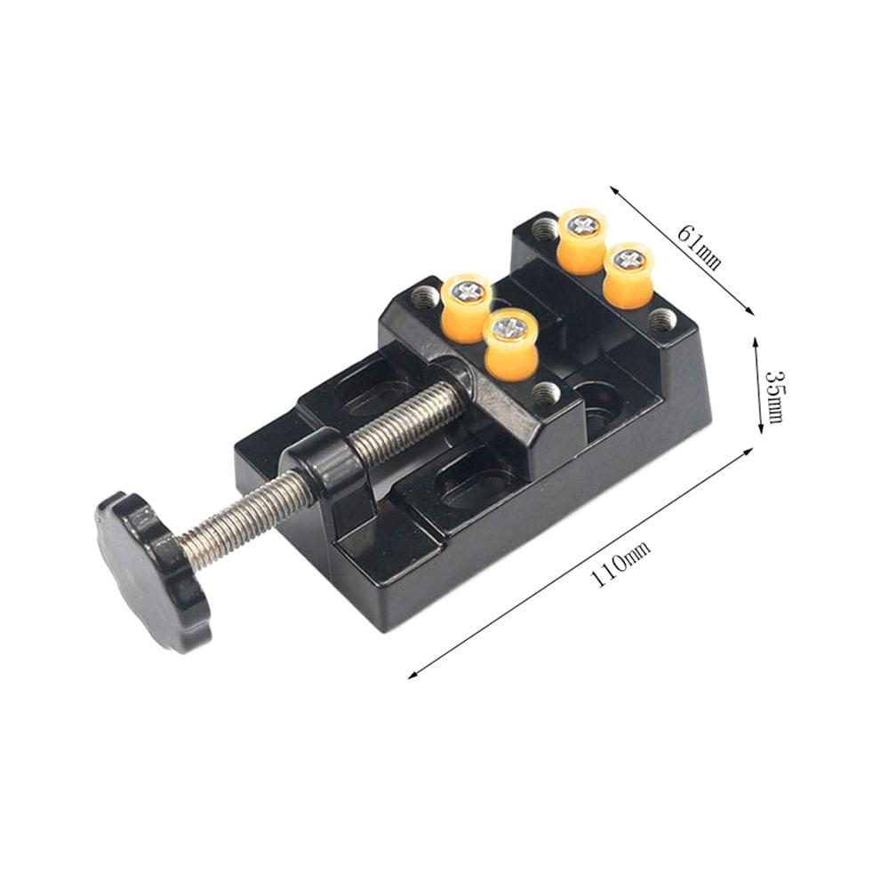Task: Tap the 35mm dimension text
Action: pyautogui.click(x=773, y=395)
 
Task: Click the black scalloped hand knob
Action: pyautogui.click(x=151, y=569)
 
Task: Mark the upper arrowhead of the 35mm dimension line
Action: pyautogui.click(x=757, y=340)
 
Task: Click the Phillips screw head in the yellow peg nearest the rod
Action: pyautogui.click(x=510, y=326)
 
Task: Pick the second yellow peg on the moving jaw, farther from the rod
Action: pyautogui.click(x=467, y=307)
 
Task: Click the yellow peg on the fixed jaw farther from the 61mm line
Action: pyautogui.click(x=582, y=240)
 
